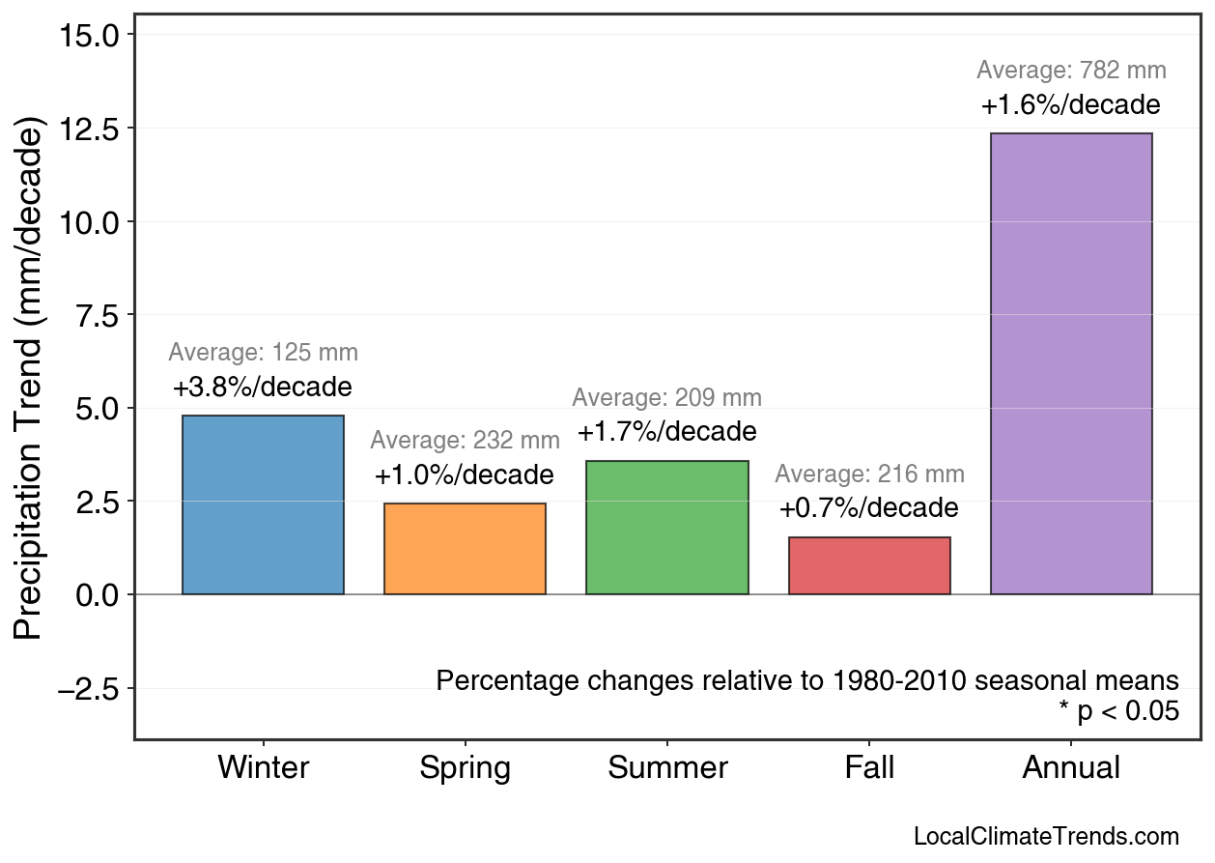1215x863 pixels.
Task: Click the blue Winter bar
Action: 263,504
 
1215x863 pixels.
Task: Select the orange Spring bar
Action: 465,548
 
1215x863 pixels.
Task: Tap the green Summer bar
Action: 666,527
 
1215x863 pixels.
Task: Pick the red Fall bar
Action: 869,565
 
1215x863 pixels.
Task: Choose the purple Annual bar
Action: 1071,363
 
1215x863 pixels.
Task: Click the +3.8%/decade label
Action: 263,388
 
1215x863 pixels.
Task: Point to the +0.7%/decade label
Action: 869,508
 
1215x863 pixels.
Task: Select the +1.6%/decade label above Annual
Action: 1071,105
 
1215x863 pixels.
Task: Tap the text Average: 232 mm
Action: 465,441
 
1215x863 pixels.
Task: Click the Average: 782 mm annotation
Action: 1071,71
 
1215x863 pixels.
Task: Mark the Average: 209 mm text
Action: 666,398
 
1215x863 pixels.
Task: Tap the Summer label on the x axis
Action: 667,768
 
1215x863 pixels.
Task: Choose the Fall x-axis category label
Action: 869,768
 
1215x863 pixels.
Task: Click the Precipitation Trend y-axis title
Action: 31,379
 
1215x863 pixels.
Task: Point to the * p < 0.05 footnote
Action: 1118,712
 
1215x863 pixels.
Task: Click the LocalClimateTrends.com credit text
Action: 1046,837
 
